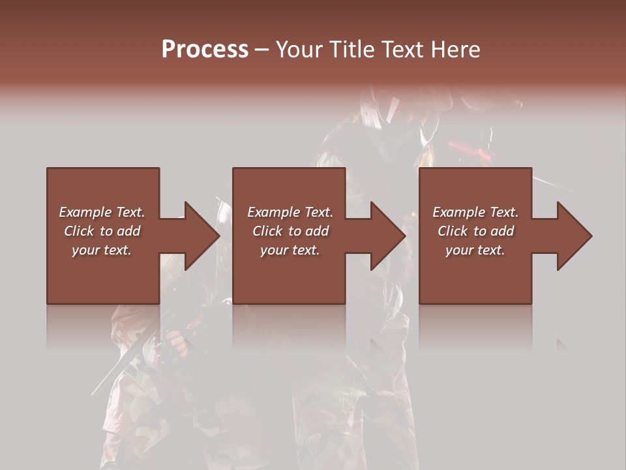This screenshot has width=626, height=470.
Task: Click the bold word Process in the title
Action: pos(205,50)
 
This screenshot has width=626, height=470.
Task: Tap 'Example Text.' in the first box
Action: pos(102,212)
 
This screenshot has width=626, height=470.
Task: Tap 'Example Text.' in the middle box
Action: pos(290,212)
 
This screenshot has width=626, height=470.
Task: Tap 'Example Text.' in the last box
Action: pos(475,212)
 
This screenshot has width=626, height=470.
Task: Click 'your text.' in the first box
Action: pos(102,250)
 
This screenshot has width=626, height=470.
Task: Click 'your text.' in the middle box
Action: pos(290,250)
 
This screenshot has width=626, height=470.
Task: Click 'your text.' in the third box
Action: pos(475,250)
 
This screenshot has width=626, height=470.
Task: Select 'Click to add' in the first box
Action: pos(102,231)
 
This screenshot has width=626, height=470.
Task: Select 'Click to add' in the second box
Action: pos(290,231)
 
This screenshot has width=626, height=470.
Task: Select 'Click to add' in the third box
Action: pos(475,231)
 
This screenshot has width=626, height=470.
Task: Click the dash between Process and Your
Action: pos(261,50)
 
